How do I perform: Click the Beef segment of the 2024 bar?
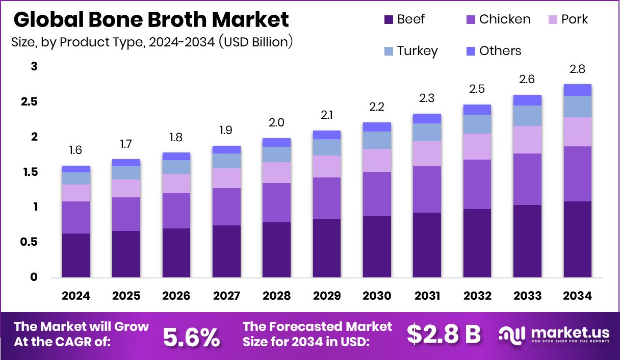click(x=76, y=255)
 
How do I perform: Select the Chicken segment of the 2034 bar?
click(x=578, y=173)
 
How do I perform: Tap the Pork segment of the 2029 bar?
click(x=327, y=166)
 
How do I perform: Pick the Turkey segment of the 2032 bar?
click(x=477, y=124)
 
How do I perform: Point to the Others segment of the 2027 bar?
click(x=226, y=149)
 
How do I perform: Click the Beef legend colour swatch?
click(x=389, y=20)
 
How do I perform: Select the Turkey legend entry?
click(x=410, y=51)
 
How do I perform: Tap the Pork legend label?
click(x=574, y=19)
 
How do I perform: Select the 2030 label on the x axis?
click(x=377, y=296)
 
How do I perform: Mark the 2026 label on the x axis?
click(x=176, y=296)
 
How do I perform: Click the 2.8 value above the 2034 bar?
click(x=578, y=69)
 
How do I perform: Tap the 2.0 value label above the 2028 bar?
click(x=276, y=122)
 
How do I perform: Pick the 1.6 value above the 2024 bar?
click(x=76, y=150)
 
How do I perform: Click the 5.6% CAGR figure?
click(x=191, y=336)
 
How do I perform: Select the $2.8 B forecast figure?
click(x=444, y=335)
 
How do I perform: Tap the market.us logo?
click(x=554, y=335)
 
